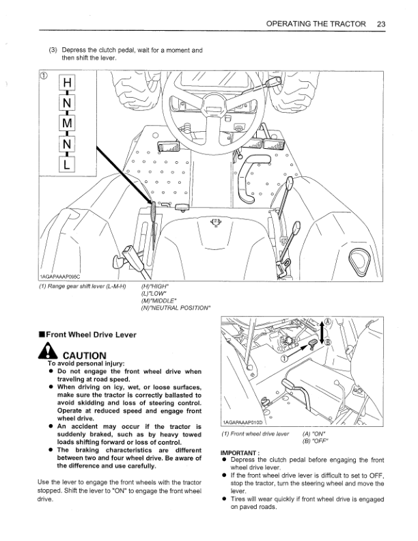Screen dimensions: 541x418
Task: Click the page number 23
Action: click(381, 23)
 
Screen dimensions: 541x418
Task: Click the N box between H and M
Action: click(66, 105)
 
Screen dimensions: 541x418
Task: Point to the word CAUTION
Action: click(84, 355)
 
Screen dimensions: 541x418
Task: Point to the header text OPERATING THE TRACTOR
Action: click(316, 23)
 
